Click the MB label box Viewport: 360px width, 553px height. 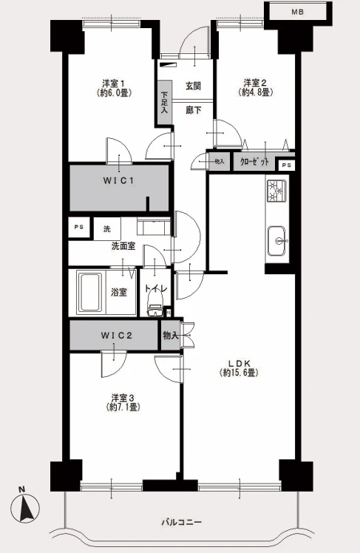[x=296, y=12]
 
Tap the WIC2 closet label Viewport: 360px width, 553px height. [x=116, y=336]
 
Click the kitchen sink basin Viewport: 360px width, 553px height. [x=278, y=239]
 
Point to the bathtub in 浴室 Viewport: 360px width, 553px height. [x=92, y=291]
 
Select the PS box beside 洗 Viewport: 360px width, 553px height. [x=78, y=228]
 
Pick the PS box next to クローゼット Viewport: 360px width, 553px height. [x=286, y=165]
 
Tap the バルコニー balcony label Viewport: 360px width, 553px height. [x=181, y=522]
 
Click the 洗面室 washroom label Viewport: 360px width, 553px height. [x=123, y=245]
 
